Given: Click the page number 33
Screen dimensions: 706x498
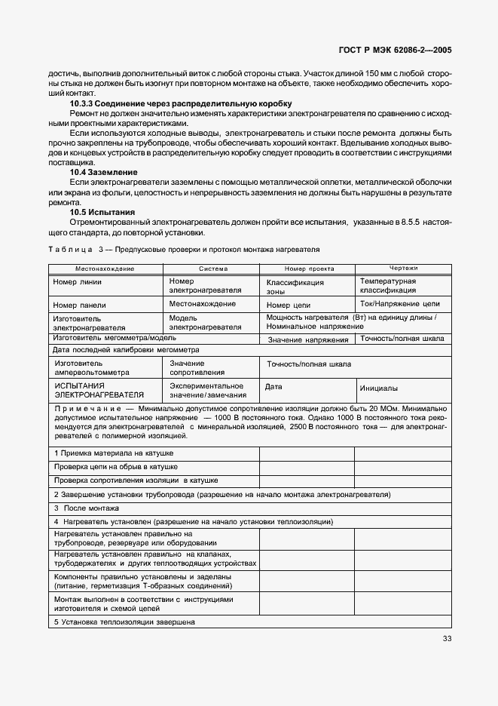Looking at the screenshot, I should [448, 639].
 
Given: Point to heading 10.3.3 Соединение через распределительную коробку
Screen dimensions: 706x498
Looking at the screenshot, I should [181, 103].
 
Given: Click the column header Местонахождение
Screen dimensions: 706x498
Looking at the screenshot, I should [105, 269].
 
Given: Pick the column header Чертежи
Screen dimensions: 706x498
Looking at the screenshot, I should [403, 269].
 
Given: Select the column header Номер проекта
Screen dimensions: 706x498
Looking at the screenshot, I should [309, 269].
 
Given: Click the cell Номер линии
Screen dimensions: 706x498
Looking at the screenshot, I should [78, 282].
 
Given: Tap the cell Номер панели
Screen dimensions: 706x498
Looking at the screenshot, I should [79, 305].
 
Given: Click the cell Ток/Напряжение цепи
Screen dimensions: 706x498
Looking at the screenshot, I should [400, 304].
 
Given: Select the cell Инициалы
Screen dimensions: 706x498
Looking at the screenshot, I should [379, 388].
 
